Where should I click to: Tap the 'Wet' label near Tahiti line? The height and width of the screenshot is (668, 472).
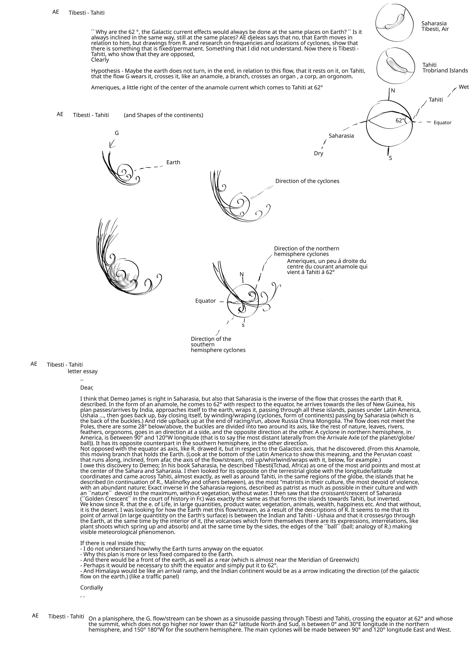click(464, 87)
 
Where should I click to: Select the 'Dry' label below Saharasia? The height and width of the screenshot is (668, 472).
click(318, 154)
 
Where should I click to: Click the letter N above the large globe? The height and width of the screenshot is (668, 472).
click(393, 91)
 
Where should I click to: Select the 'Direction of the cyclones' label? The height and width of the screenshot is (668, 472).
click(307, 181)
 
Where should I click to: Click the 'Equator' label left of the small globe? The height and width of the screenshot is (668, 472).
click(205, 301)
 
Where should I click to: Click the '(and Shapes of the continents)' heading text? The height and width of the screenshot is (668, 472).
click(163, 115)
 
